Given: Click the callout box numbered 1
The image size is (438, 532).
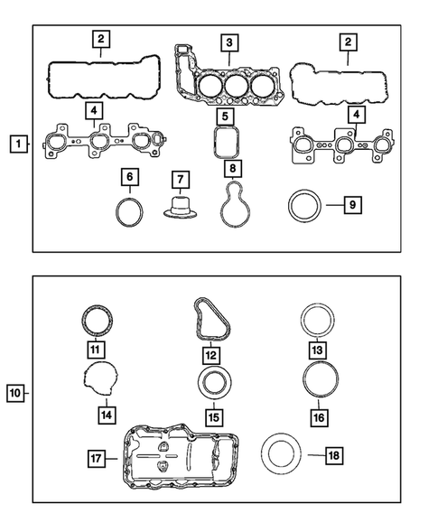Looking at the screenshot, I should [17, 142].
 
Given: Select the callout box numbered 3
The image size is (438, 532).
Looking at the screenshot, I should [230, 42].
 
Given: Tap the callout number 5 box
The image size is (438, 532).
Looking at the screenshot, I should [224, 116].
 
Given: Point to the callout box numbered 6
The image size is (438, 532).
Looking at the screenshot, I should [130, 176].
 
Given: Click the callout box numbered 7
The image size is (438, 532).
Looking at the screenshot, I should [180, 179].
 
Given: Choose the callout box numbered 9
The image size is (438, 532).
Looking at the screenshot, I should [352, 205].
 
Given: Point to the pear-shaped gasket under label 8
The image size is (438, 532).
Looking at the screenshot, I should [233, 208].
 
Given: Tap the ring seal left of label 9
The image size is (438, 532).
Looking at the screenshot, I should [303, 205].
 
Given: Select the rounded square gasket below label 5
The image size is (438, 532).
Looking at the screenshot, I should [225, 143].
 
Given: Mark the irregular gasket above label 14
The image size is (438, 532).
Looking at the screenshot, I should [102, 380].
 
